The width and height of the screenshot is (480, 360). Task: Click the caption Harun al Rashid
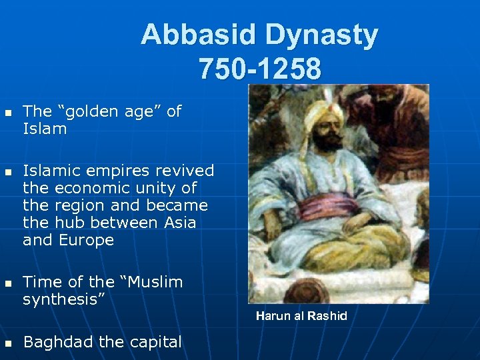pyautogui.click(x=301, y=316)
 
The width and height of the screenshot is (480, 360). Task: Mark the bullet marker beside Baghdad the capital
pyautogui.click(x=8, y=344)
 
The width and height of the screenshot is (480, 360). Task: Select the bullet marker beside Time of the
pyautogui.click(x=8, y=283)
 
